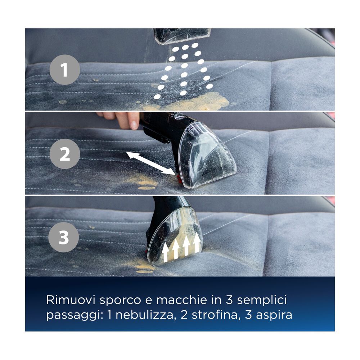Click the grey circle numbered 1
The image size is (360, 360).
tap(65, 70)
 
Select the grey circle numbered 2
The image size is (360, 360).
tap(65, 154)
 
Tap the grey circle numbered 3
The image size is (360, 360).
tap(64, 237)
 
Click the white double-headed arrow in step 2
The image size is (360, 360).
tap(150, 163)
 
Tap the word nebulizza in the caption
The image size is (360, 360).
tap(144, 315)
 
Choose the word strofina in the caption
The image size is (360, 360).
tap(215, 315)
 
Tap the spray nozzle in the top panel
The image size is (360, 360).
tap(182, 36)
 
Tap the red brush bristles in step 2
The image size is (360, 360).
tap(179, 179)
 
